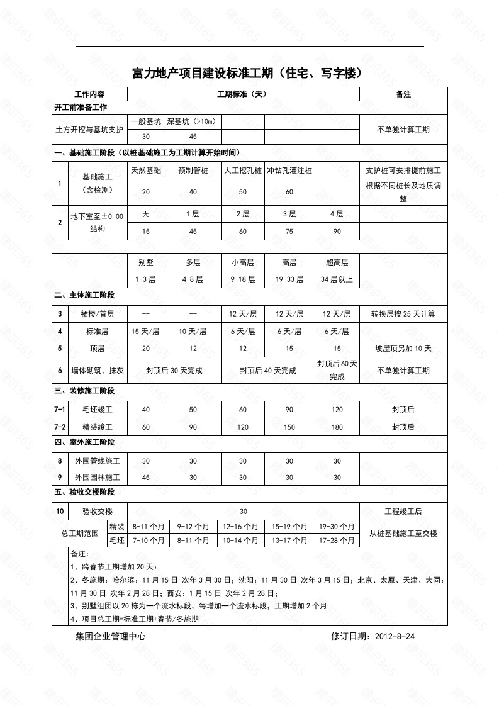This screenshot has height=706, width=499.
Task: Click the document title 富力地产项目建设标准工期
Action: pos(249,74)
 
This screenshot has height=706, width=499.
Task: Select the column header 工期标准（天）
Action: pos(243,94)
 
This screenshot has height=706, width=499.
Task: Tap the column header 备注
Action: pos(403,94)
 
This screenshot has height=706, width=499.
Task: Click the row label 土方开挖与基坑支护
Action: pos(89,129)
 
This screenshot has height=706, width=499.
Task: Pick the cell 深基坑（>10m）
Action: pos(193,121)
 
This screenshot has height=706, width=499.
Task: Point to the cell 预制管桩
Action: pos(193,171)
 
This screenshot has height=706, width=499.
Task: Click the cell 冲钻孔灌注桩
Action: pos(289,171)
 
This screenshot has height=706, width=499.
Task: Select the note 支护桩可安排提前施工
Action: pos(403,171)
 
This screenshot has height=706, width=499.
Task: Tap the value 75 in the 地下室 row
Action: pos(289,232)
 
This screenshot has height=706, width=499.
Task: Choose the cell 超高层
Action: pos(337,262)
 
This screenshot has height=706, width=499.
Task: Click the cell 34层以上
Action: pos(337,279)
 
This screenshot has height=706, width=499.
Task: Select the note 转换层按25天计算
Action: pos(403,313)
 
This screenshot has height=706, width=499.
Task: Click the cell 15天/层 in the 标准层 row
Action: pos(145,331)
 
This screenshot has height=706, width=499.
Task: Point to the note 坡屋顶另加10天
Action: pos(403,348)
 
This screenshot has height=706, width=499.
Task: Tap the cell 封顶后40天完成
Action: pos(267,371)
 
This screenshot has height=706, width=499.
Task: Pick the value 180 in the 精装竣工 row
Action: pos(337,427)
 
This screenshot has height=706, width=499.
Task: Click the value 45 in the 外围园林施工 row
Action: pos(145,478)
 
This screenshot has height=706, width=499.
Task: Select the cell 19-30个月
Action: pos(337,526)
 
